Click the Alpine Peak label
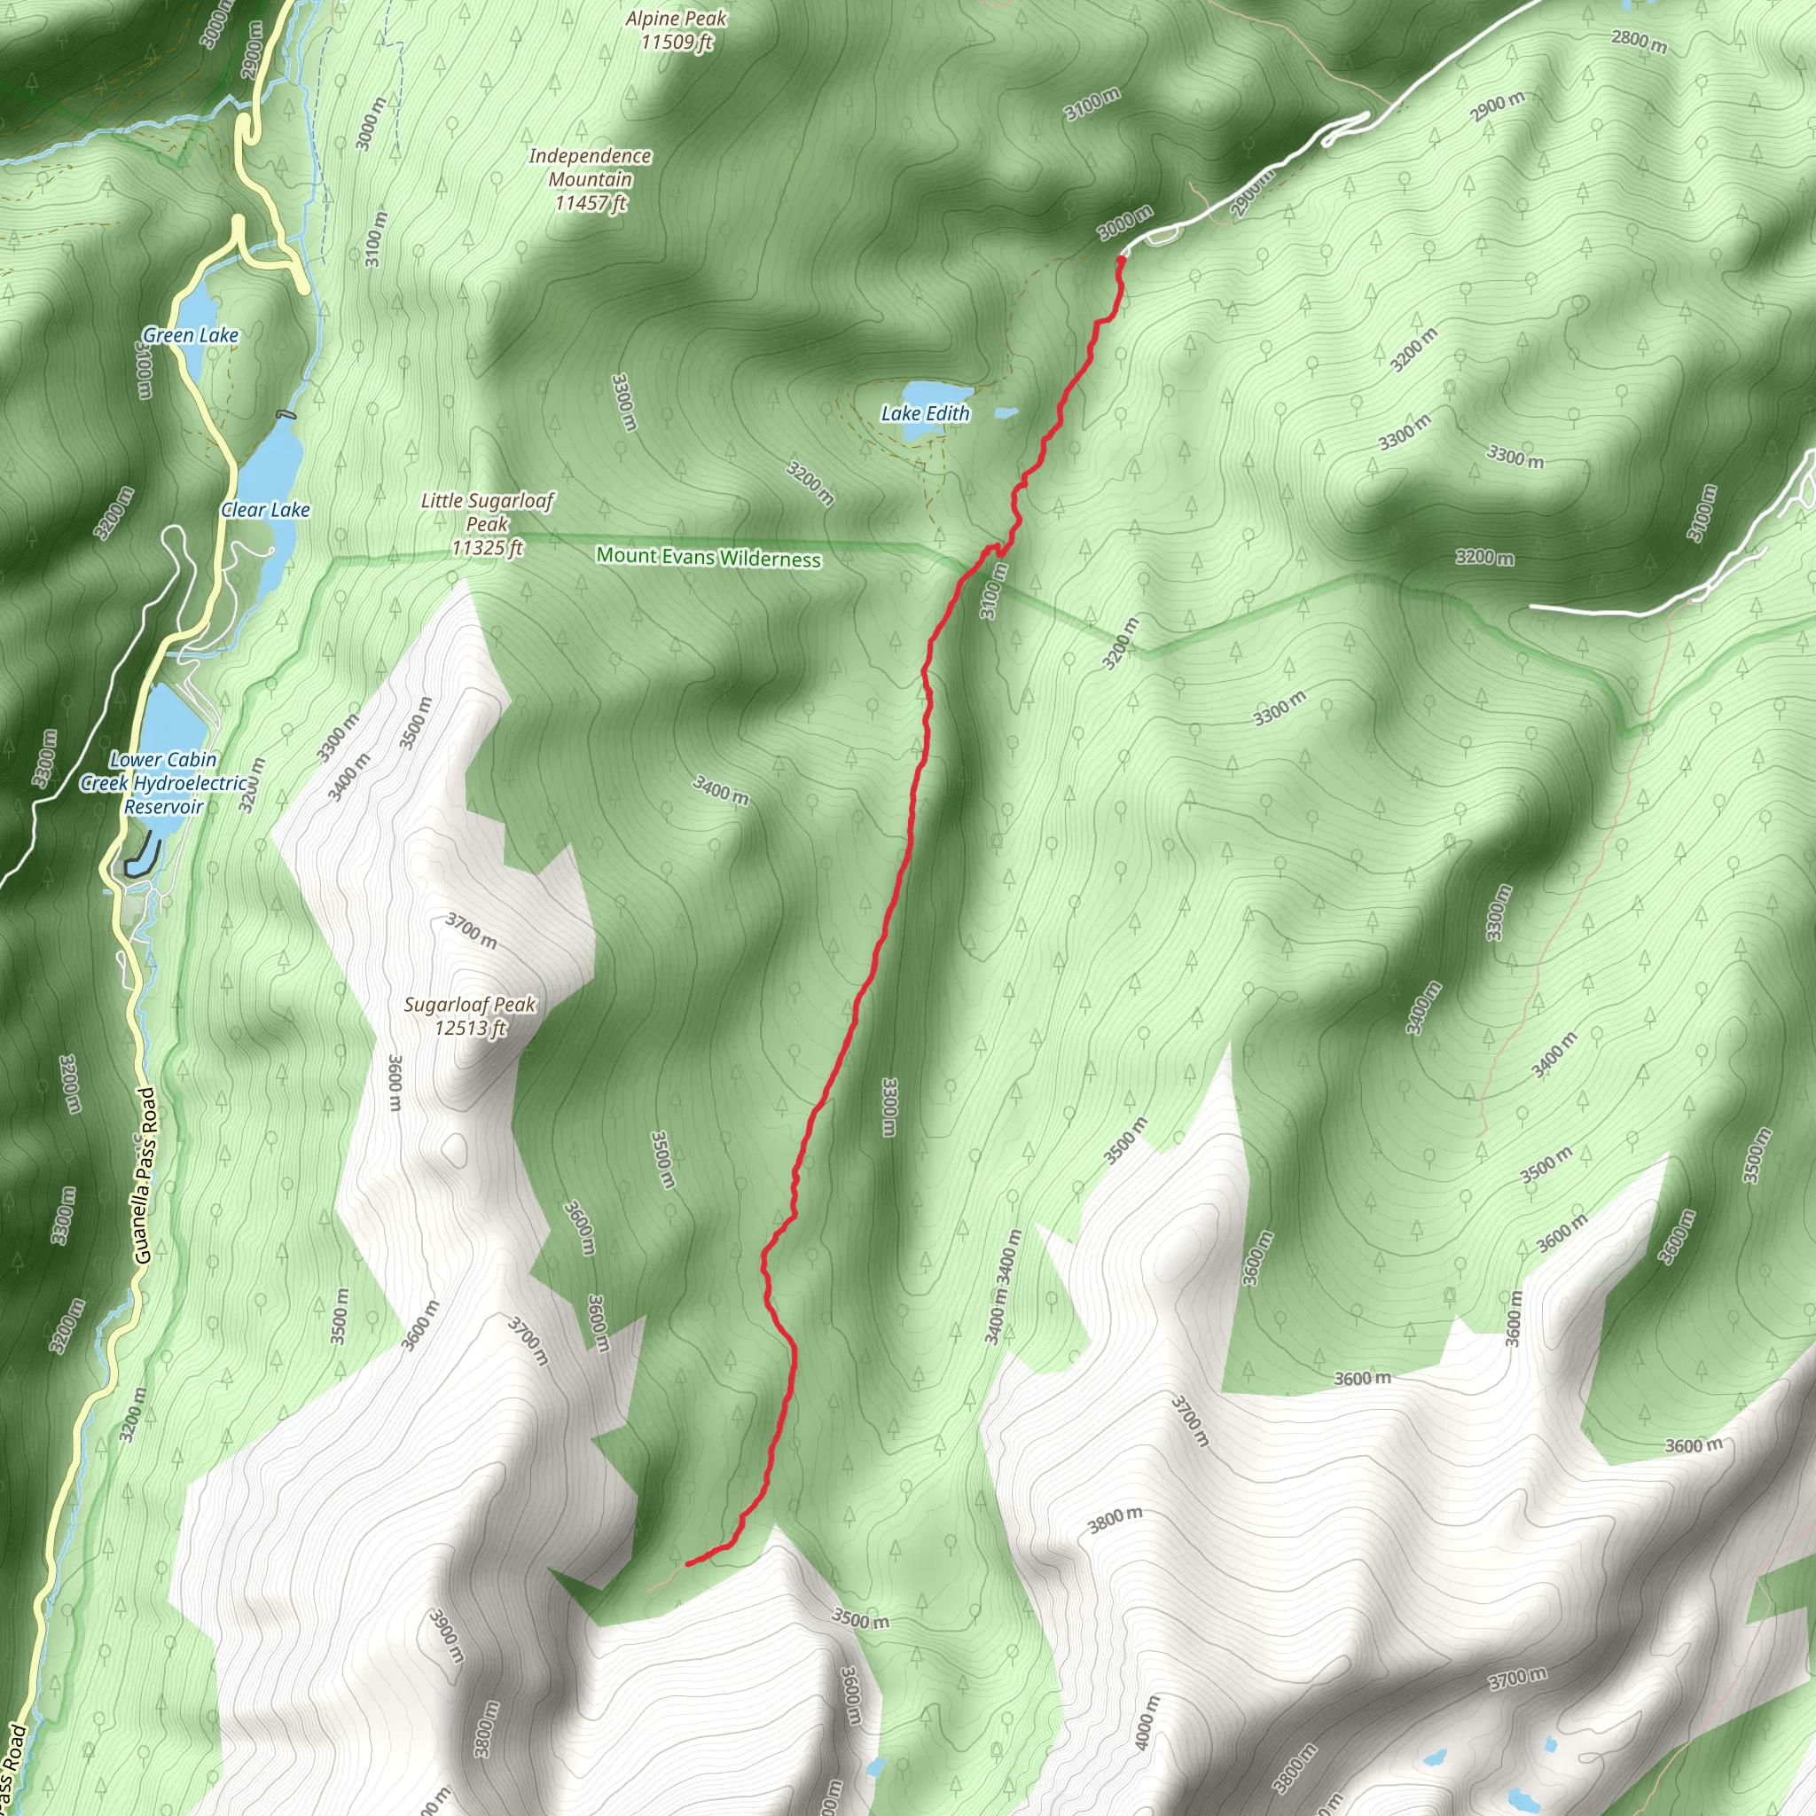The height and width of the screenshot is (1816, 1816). [x=677, y=30]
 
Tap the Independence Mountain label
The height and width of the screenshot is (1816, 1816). [x=590, y=178]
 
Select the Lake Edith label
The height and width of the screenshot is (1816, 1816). [x=925, y=413]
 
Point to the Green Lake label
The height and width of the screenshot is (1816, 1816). [x=191, y=335]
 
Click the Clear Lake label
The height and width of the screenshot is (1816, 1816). [x=265, y=510]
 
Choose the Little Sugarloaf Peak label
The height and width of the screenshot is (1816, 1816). [x=487, y=523]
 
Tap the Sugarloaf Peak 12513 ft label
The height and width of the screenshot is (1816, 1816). [x=469, y=1016]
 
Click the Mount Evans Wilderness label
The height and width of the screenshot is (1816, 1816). [x=708, y=558]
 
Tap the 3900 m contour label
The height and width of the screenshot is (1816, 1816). [x=447, y=1635]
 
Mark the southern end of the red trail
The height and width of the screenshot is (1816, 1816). [x=688, y=1564]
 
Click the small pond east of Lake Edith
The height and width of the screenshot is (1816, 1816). [x=1006, y=412]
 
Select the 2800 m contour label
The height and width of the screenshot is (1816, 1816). [x=1640, y=42]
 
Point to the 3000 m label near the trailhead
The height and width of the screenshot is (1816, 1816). [x=1125, y=223]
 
